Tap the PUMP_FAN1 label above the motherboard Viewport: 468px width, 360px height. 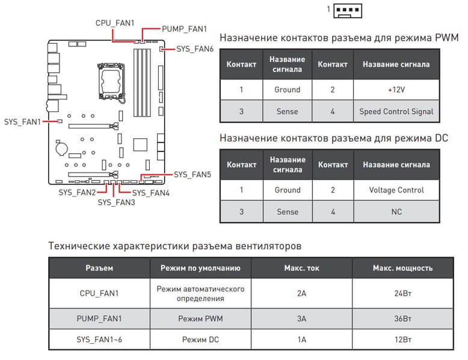(x=184, y=28)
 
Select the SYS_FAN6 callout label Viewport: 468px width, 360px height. (x=195, y=49)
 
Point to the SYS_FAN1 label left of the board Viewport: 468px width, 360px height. (x=22, y=121)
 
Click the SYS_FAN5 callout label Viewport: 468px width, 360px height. (x=192, y=175)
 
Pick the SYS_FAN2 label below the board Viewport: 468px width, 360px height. (x=77, y=192)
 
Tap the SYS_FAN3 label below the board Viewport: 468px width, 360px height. (x=116, y=203)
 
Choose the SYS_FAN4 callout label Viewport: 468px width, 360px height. (x=150, y=193)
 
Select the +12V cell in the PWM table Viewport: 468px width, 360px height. (x=396, y=90)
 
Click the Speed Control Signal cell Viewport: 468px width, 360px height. (x=396, y=111)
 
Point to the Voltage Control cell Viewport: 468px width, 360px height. (x=396, y=190)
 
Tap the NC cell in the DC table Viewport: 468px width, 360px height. (x=396, y=212)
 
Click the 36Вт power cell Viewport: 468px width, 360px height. (x=402, y=318)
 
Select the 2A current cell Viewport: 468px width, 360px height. (x=301, y=293)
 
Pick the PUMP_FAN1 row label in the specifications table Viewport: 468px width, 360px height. (x=99, y=318)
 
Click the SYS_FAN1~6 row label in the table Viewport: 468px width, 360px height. (x=99, y=340)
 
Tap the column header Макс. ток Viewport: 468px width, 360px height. (x=301, y=268)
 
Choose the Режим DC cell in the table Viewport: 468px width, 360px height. (x=200, y=340)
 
